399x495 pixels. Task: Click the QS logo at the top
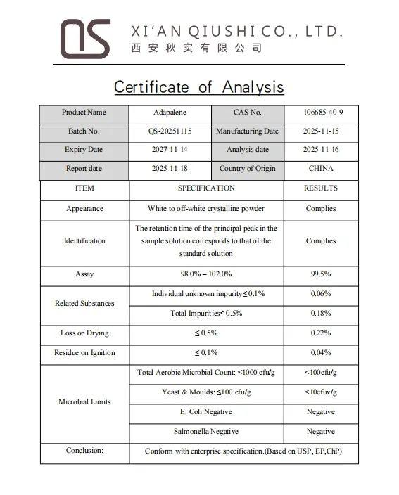coord(84,38)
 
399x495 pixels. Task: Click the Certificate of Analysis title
coord(199,86)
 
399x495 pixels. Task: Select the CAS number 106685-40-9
coord(321,112)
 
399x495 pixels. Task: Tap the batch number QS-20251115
coord(170,131)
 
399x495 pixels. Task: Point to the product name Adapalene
coord(170,112)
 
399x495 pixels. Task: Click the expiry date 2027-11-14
coord(170,150)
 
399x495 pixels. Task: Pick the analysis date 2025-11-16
coord(321,150)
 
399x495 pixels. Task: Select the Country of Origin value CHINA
coord(321,169)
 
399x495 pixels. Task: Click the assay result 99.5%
coord(321,274)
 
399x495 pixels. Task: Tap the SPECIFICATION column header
coord(206,188)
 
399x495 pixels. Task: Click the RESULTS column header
coord(321,188)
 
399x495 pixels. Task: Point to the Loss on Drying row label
coord(84,333)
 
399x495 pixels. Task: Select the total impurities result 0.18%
coord(321,314)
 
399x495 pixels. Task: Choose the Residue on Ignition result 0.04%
coord(321,353)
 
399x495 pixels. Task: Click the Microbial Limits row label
coord(84,402)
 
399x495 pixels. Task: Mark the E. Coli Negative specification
coord(206,412)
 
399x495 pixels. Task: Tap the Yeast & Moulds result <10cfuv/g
coord(321,392)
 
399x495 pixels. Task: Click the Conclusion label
coord(84,451)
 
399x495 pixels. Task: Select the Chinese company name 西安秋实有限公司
coord(196,49)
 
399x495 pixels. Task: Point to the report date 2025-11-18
coord(170,169)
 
